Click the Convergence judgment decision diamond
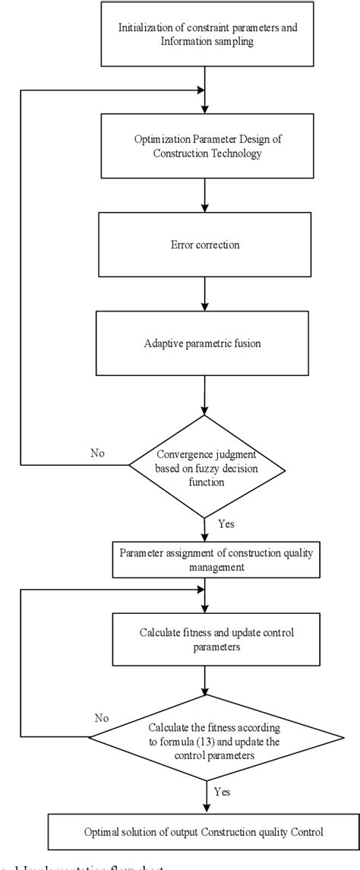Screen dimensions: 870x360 pyautogui.click(x=204, y=464)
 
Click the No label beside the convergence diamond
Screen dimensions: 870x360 pyautogui.click(x=96, y=454)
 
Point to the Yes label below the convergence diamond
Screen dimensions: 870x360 pyautogui.click(x=226, y=524)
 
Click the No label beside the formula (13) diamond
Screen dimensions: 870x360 pyautogui.click(x=101, y=717)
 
